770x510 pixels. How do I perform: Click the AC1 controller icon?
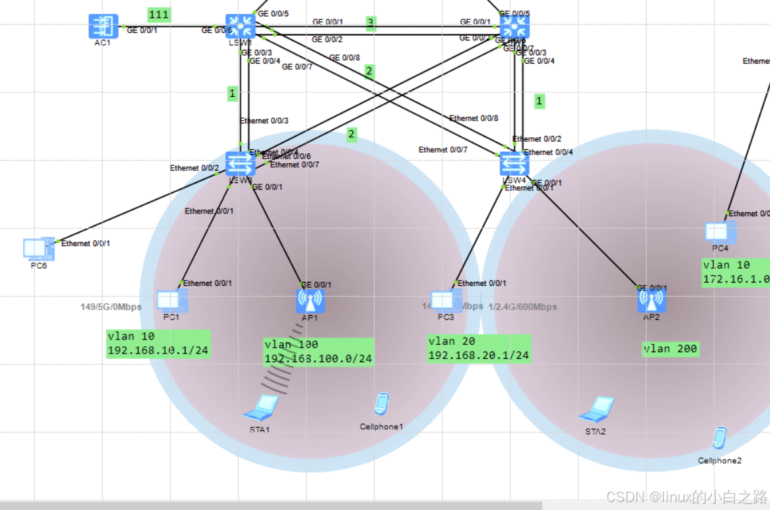click(x=103, y=27)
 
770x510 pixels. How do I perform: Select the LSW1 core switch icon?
click(x=240, y=27)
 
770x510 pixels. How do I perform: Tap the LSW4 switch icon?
click(x=514, y=162)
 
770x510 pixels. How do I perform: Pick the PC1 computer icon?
click(x=172, y=300)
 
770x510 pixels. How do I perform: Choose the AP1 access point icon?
click(x=310, y=300)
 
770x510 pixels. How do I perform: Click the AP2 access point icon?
click(x=651, y=300)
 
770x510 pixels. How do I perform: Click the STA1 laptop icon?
click(x=261, y=407)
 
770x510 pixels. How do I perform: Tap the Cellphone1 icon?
click(x=381, y=404)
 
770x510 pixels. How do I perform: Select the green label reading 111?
click(x=159, y=15)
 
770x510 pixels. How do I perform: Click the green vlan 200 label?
click(x=671, y=349)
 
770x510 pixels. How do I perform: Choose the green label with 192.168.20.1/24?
click(x=479, y=349)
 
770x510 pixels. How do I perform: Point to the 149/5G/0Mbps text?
click(x=111, y=307)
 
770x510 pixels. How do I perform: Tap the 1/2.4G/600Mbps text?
click(x=523, y=307)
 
